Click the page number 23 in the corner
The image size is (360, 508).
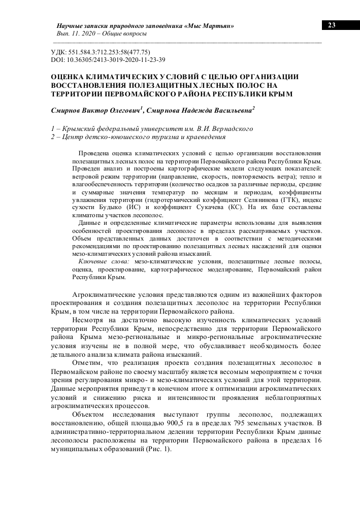332,25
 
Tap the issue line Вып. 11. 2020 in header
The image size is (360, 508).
75,33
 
